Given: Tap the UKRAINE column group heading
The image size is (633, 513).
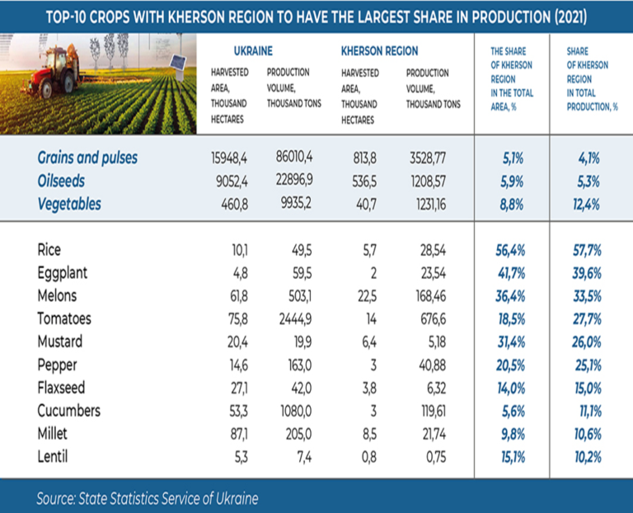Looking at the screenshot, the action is click(x=253, y=51).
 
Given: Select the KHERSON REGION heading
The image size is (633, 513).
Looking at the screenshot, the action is click(x=379, y=51).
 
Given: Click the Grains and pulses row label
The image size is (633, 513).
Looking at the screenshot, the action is click(x=87, y=158).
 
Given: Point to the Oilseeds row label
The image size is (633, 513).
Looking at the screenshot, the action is click(x=61, y=181).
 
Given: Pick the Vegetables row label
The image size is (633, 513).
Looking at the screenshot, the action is click(x=69, y=204).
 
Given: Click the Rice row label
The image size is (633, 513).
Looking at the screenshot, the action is click(x=49, y=250).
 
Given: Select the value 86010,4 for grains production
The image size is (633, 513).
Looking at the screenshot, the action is click(x=294, y=157).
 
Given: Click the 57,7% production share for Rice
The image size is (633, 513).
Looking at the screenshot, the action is click(x=587, y=251).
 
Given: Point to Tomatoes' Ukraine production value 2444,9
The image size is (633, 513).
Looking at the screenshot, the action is click(x=295, y=319).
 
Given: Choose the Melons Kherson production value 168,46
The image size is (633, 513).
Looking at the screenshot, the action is click(x=431, y=296).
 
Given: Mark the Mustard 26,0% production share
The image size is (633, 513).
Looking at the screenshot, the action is click(x=587, y=342).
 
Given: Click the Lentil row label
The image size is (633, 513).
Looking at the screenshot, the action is click(x=53, y=457).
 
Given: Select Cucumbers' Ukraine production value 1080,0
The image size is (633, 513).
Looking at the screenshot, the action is click(x=296, y=412).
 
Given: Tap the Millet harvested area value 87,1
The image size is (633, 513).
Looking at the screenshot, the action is click(x=238, y=435).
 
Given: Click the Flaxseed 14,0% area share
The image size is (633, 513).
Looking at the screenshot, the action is click(x=511, y=388).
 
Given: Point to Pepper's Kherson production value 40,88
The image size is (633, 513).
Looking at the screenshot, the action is click(x=433, y=365).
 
